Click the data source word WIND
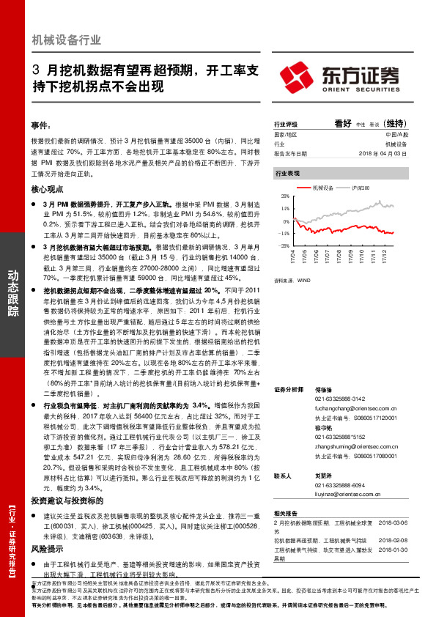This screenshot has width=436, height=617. click(x=300, y=280)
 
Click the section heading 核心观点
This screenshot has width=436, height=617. click(x=47, y=188)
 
